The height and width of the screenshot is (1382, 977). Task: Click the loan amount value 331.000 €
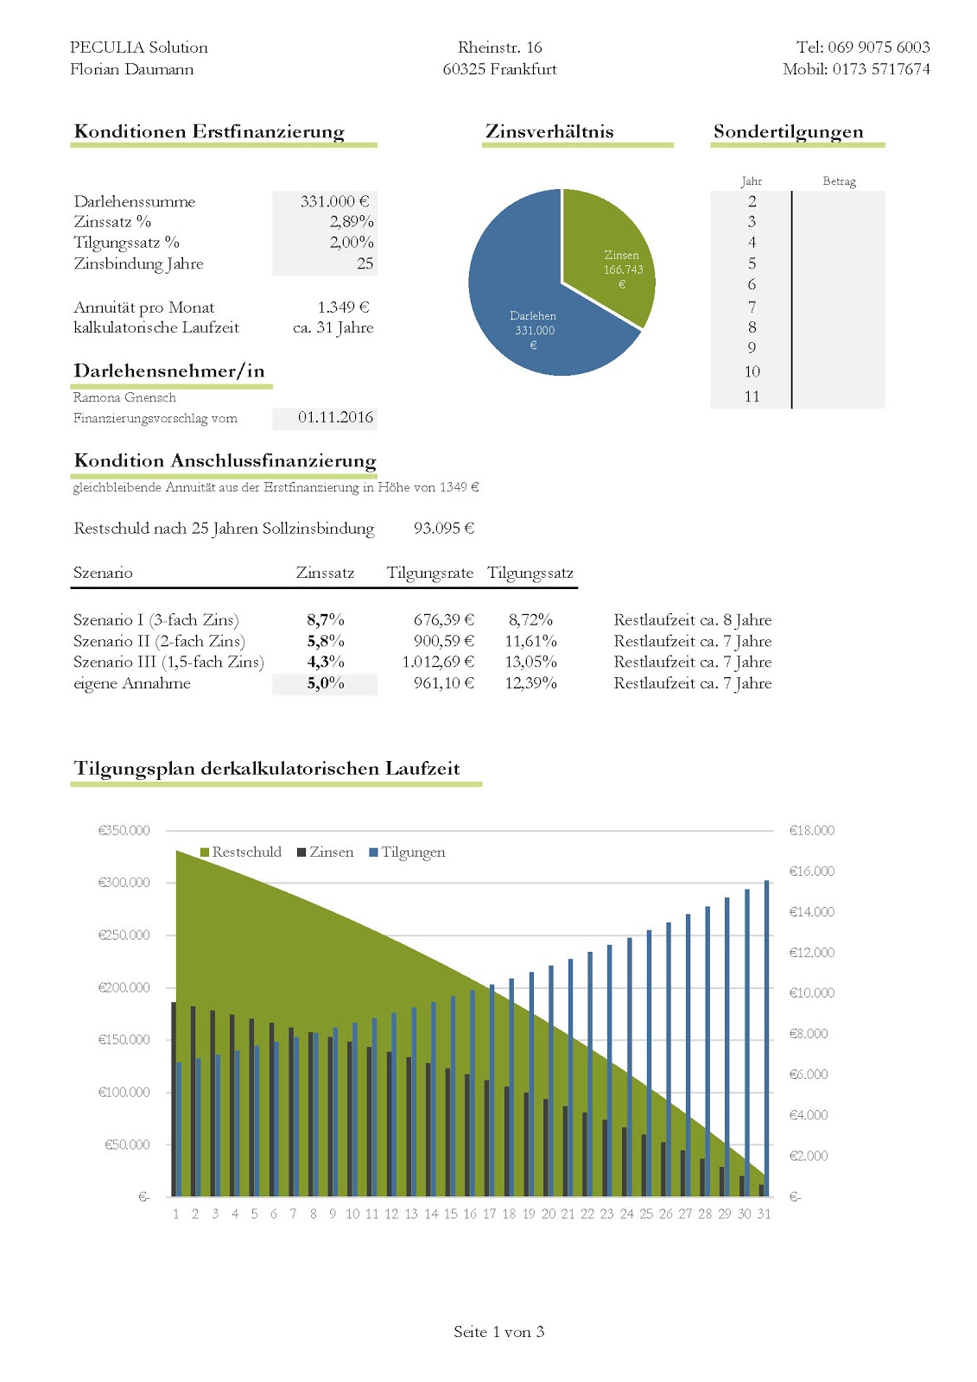334,201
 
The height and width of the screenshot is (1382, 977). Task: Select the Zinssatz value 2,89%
351,222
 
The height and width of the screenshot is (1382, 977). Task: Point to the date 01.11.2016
335,417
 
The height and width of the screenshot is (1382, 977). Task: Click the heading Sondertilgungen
788,131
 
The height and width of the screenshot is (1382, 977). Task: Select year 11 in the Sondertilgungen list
752,396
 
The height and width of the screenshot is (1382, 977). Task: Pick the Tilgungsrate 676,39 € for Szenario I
443,620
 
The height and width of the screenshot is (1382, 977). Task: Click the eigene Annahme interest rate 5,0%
326,683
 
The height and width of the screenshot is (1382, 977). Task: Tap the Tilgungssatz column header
530,573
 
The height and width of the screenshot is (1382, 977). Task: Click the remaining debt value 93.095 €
444,529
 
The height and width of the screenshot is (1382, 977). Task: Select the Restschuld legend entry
241,852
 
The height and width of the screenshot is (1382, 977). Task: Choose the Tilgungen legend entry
407,852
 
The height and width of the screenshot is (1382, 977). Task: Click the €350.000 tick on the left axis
124,830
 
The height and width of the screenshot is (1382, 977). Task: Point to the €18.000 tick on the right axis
811,830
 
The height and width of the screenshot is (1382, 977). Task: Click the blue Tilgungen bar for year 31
767,1036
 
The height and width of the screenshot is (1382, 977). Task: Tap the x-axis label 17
489,1214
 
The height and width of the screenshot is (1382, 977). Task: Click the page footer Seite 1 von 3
498,1332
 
